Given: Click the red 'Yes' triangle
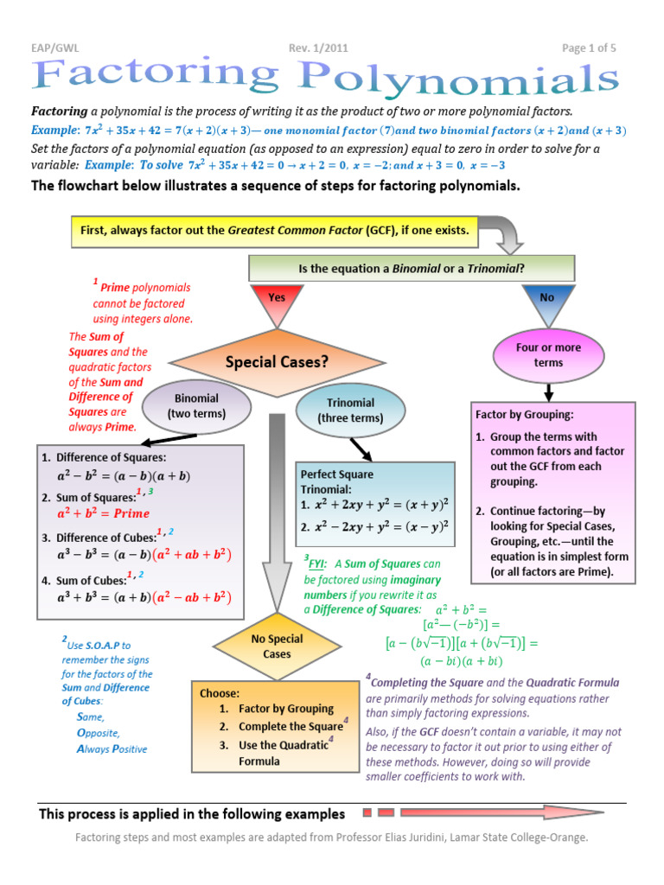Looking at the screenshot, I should coord(278,301).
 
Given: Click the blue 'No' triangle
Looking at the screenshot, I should coord(547,301).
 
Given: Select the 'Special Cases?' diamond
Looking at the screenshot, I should coord(277,363).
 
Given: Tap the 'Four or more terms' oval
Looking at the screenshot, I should coord(548,354).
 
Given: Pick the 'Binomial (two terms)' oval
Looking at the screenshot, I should coord(197,406).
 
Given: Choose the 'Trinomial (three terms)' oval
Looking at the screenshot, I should coord(350,411).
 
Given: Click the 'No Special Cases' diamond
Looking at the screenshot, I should coord(278,646).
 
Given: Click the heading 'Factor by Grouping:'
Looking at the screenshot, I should coord(525,415).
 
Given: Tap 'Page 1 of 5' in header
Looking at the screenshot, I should coord(589,48).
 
